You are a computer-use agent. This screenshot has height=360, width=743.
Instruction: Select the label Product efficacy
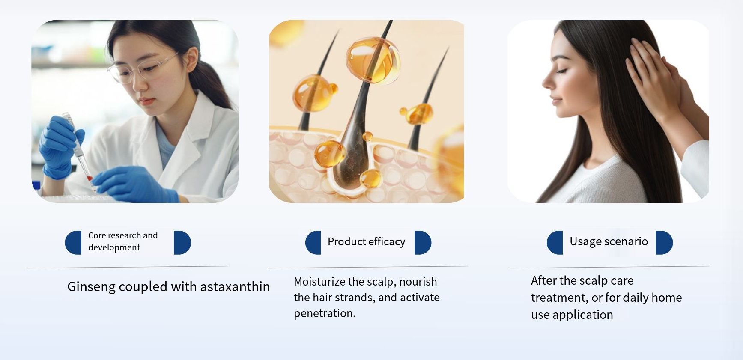(x=367, y=242)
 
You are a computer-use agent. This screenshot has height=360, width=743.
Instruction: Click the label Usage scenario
(x=609, y=242)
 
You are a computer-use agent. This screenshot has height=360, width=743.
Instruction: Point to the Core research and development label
(x=123, y=241)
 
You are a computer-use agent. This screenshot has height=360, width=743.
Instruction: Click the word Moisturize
(x=319, y=282)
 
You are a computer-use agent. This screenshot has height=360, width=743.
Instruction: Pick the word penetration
(x=325, y=313)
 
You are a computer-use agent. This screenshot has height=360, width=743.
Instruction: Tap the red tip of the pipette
(x=90, y=178)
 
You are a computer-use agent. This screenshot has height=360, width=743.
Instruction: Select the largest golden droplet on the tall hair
(x=373, y=60)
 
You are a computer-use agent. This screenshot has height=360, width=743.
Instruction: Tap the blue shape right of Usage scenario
(x=664, y=243)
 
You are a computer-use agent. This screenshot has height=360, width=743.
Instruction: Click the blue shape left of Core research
(x=73, y=243)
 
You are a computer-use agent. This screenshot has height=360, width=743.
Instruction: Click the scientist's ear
(x=192, y=60)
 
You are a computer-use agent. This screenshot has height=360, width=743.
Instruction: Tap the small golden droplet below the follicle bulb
(x=371, y=178)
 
